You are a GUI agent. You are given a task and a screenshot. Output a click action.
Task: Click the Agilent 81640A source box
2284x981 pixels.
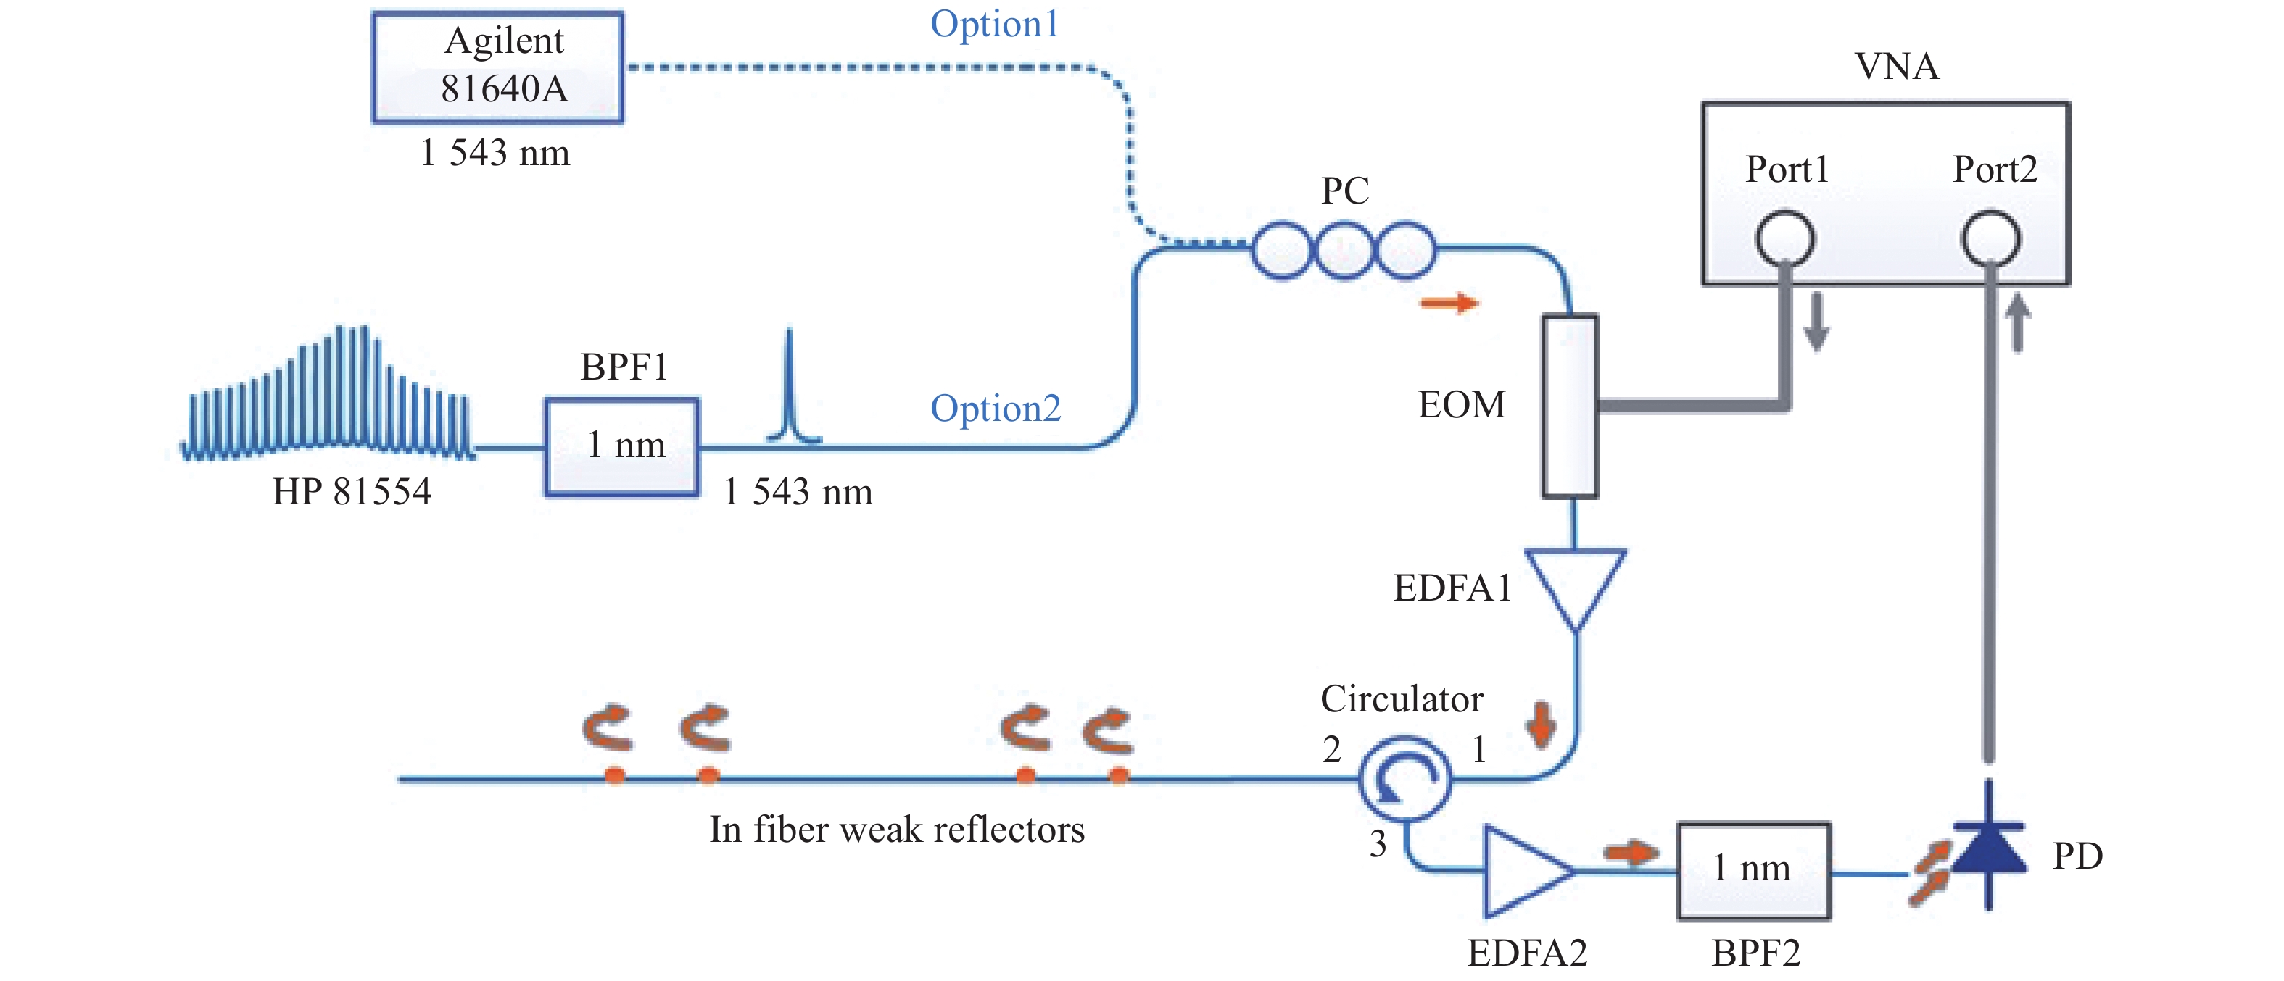pos(497,67)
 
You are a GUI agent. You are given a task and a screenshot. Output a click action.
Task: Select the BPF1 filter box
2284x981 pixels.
pos(621,446)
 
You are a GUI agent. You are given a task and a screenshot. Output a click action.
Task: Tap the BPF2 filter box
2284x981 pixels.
pos(1753,870)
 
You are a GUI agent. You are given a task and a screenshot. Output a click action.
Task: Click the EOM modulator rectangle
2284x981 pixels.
pos(1571,406)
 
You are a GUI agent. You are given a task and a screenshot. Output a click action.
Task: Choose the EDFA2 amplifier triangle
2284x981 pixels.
pos(1523,871)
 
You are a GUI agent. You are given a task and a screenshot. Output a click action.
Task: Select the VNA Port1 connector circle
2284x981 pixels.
pos(1785,239)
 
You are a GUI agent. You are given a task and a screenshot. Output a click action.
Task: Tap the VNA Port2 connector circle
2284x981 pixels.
pos(1990,239)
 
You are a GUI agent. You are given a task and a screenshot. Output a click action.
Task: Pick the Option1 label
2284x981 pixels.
pos(994,24)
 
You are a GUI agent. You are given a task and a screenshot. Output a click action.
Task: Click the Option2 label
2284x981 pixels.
pos(995,409)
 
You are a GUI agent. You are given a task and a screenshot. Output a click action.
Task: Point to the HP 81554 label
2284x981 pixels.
pos(351,492)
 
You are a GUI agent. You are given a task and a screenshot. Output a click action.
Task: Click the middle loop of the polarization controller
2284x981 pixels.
pos(1344,251)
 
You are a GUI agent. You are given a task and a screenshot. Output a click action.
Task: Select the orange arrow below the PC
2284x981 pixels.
pos(1449,304)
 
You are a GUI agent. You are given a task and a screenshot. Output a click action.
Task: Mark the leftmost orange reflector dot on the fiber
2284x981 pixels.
pos(614,776)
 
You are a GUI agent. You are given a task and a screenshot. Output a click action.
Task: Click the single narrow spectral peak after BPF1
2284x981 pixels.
pos(789,390)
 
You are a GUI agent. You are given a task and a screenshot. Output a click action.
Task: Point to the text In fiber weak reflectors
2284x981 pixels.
pos(896,830)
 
